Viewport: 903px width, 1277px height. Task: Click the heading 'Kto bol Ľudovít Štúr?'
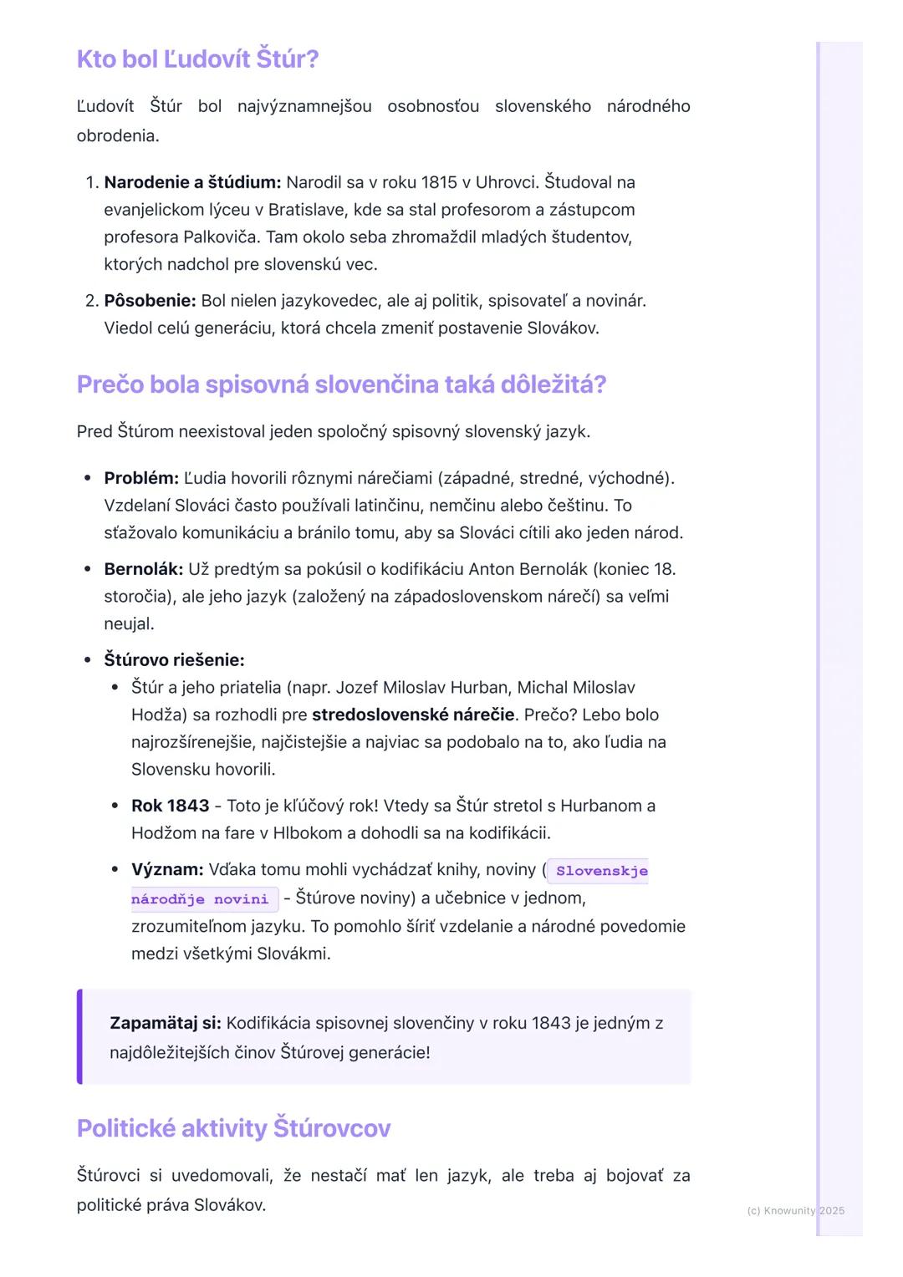tap(197, 59)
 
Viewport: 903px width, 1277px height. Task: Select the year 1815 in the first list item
tap(439, 182)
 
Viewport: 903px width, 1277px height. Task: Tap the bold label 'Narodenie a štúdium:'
tap(192, 182)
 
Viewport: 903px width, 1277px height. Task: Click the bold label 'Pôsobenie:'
tap(150, 301)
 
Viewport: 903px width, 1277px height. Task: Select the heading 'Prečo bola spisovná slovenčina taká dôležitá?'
tap(341, 384)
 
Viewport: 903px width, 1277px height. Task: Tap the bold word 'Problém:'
tap(141, 478)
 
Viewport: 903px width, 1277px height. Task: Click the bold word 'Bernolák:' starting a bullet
tap(143, 569)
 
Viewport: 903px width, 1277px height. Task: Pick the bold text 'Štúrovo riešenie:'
tap(174, 660)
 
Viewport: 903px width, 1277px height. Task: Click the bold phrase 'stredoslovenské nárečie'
tap(413, 715)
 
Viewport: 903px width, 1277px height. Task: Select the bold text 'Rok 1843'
tap(170, 806)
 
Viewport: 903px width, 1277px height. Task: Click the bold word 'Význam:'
tap(167, 870)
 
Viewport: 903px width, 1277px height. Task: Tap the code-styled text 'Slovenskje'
tap(601, 871)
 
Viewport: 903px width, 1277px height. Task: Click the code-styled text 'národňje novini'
tap(200, 899)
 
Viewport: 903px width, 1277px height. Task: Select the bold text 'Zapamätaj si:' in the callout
tap(166, 1023)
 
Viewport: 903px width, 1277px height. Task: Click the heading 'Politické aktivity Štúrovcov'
tap(233, 1128)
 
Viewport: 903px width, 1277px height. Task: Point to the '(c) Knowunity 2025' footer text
tap(795, 1210)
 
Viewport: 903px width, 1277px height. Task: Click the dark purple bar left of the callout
tap(79, 1036)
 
